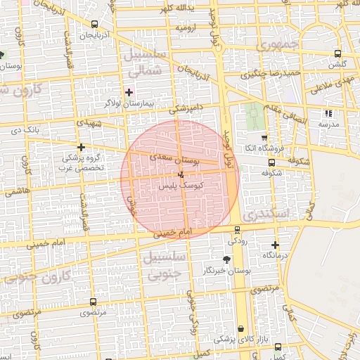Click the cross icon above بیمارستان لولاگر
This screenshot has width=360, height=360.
(x=129, y=92)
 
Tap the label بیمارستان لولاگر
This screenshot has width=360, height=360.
(x=129, y=103)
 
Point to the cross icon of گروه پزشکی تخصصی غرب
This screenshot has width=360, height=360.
(x=82, y=147)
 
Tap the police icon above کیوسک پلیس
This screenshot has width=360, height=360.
(x=182, y=173)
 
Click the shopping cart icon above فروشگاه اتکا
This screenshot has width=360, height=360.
(x=264, y=138)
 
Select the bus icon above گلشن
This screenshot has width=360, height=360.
(x=338, y=53)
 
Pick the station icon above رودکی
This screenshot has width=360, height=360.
(x=237, y=229)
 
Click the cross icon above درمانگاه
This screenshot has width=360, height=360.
(x=275, y=245)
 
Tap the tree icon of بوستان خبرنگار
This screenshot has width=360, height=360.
(x=226, y=259)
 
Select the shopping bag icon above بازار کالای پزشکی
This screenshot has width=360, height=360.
(x=242, y=328)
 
